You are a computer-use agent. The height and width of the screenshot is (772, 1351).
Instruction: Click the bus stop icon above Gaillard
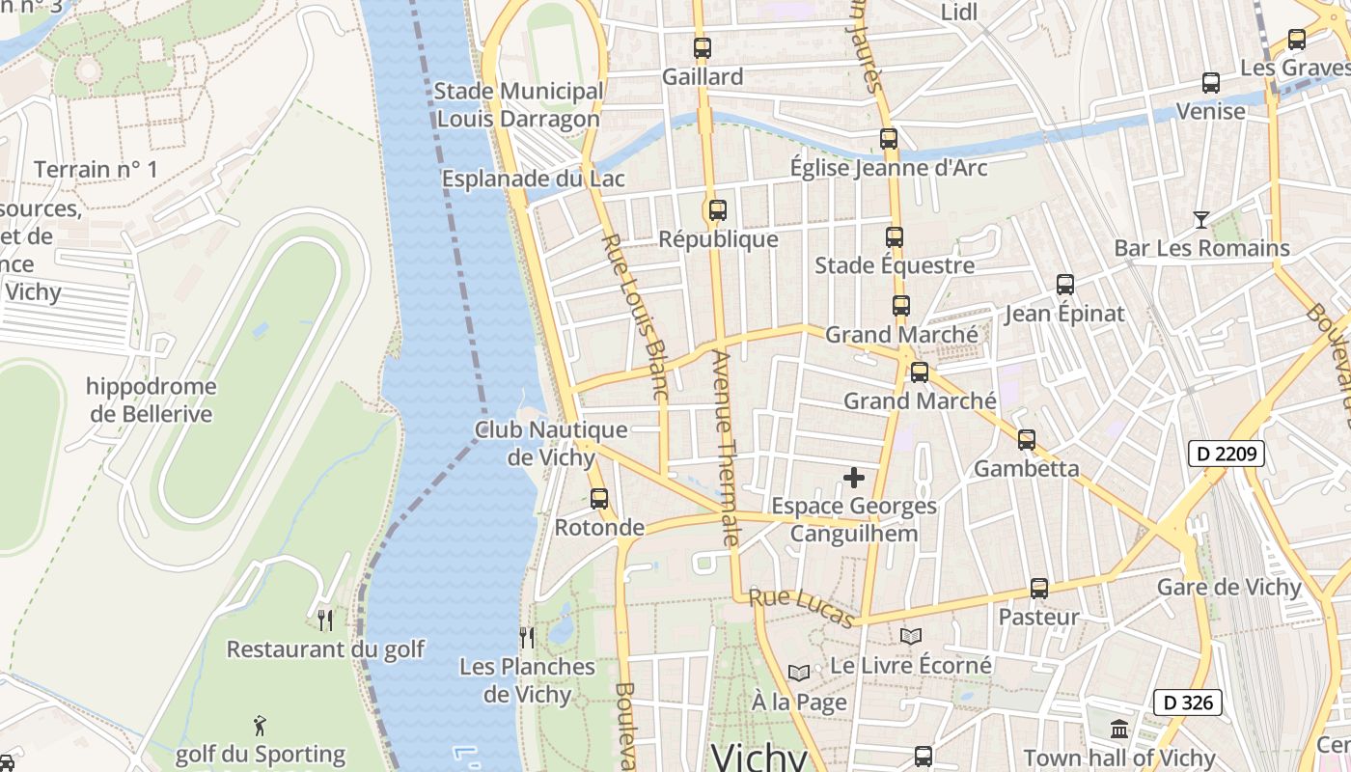click(703, 47)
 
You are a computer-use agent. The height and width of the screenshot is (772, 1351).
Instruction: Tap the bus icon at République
click(717, 209)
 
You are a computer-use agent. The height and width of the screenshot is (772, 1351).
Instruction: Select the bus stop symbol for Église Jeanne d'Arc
click(889, 138)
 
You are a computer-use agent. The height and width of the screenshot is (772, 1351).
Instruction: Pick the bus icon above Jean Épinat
click(1065, 284)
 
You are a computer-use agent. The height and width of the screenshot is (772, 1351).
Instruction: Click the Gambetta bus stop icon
click(1027, 439)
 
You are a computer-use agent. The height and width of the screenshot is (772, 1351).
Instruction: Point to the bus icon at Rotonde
click(599, 498)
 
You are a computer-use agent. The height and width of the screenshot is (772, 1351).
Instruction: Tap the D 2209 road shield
click(1226, 453)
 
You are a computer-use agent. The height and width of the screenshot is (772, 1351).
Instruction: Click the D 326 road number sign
click(1188, 703)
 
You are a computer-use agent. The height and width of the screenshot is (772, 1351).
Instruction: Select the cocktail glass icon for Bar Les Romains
click(1200, 219)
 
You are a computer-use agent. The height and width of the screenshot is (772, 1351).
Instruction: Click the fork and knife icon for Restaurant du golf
click(325, 619)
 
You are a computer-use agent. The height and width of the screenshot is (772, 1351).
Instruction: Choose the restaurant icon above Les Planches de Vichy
click(527, 637)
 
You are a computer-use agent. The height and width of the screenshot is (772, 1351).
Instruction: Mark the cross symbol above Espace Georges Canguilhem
click(854, 477)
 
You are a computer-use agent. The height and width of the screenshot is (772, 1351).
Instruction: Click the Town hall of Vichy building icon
click(1119, 729)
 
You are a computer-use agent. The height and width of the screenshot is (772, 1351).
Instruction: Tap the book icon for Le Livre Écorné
click(911, 636)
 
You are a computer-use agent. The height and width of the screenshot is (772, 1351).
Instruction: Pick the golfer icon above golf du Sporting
click(260, 725)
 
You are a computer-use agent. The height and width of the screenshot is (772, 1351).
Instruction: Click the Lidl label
click(959, 12)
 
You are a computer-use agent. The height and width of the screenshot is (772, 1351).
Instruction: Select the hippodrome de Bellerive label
click(152, 400)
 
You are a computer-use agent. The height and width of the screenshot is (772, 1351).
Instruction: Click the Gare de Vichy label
click(1229, 587)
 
